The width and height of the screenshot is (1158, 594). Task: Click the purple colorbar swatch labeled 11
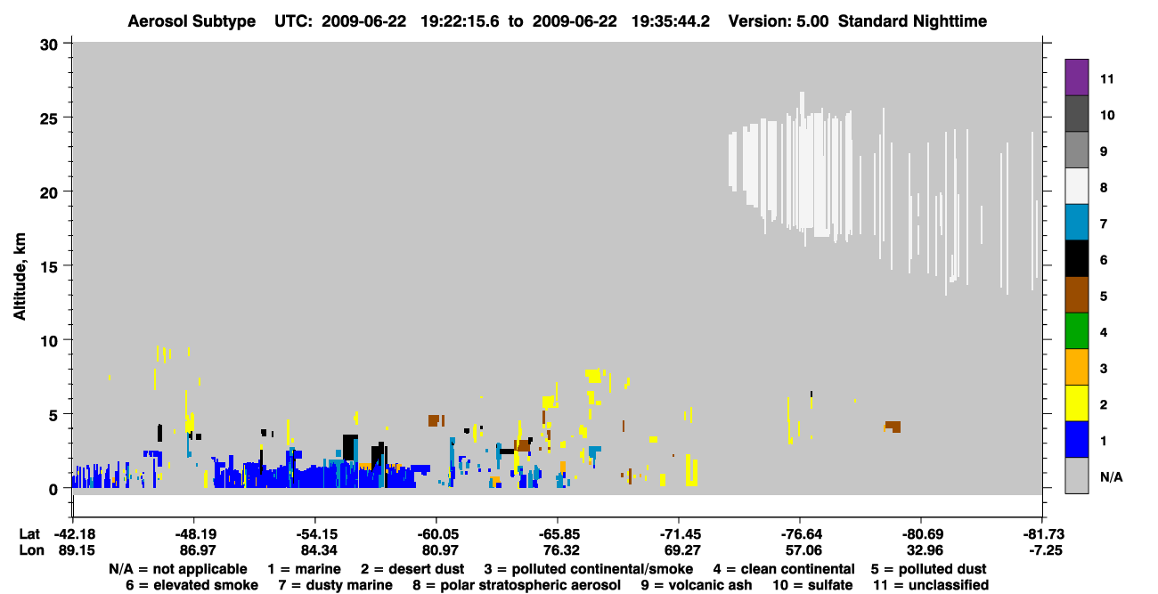point(1076,77)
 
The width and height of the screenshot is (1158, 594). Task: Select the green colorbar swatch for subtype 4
point(1076,331)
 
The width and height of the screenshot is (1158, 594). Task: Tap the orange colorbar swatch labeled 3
point(1076,367)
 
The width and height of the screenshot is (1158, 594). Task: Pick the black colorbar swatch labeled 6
point(1076,258)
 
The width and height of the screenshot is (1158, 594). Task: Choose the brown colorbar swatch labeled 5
point(1076,295)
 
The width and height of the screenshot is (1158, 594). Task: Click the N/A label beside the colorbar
point(1111,476)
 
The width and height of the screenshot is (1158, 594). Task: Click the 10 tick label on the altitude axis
point(49,341)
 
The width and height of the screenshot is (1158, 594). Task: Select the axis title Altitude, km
point(20,277)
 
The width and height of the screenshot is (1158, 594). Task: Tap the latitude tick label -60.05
point(436,534)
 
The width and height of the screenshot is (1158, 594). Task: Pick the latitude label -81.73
point(1045,534)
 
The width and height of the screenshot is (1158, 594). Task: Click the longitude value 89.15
point(77,550)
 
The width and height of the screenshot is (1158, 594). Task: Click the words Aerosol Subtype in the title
point(192,21)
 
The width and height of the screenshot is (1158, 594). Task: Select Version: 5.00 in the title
point(779,21)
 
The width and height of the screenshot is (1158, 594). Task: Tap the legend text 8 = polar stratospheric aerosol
point(517,585)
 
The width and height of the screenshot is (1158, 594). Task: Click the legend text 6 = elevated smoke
point(192,585)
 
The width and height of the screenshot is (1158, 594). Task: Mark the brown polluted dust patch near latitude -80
point(893,427)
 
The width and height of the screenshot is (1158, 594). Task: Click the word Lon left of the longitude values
point(31,550)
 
